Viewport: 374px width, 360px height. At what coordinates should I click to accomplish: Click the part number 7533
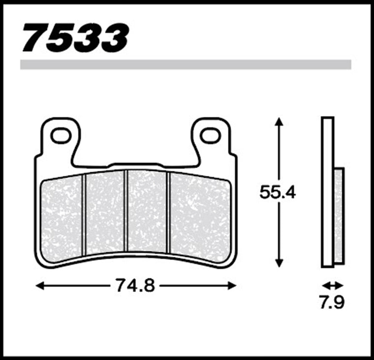75,38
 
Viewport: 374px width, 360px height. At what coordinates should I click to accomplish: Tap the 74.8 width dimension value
135,285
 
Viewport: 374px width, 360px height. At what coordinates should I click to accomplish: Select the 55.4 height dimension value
278,192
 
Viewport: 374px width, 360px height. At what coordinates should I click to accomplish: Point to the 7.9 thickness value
332,302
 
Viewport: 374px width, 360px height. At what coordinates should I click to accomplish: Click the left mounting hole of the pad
61,135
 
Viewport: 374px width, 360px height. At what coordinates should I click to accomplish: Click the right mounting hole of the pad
210,135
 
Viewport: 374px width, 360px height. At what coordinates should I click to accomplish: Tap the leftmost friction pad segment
62,219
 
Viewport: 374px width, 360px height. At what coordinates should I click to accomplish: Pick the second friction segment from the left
105,212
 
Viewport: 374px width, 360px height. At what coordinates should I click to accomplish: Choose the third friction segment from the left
147,211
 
